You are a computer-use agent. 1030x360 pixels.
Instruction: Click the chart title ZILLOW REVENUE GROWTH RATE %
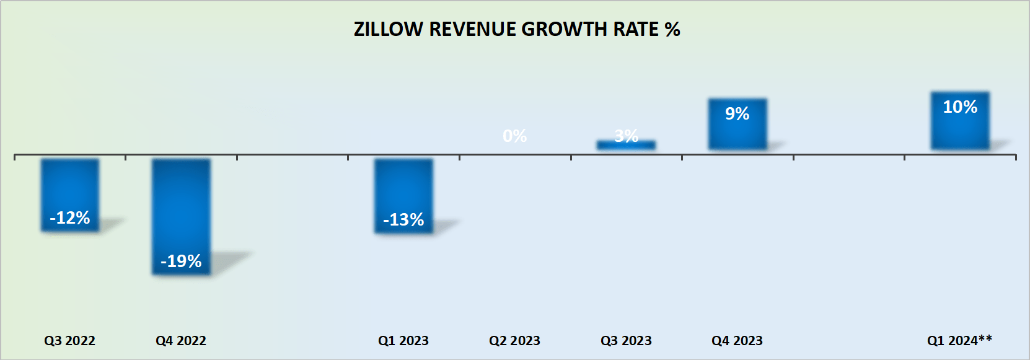pos(516,29)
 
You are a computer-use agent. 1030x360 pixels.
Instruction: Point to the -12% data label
pos(70,217)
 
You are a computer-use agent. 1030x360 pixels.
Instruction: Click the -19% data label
pos(181,261)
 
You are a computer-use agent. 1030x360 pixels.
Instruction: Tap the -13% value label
pos(403,219)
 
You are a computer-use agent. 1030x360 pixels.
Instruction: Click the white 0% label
pos(514,136)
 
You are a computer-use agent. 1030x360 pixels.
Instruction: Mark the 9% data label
pos(737,113)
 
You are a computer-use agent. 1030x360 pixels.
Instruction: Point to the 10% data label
pos(960,107)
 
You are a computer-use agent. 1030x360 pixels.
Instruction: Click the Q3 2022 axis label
pos(69,340)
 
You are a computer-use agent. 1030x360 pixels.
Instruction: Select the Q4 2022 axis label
pos(181,340)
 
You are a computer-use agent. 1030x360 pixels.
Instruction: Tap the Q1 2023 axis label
pos(403,340)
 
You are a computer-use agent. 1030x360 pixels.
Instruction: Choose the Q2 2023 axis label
pos(514,340)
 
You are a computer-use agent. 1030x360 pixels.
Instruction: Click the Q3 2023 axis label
pos(626,340)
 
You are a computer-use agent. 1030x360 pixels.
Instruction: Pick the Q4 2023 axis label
pos(737,340)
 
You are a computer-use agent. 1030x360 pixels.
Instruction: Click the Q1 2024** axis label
pos(959,340)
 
